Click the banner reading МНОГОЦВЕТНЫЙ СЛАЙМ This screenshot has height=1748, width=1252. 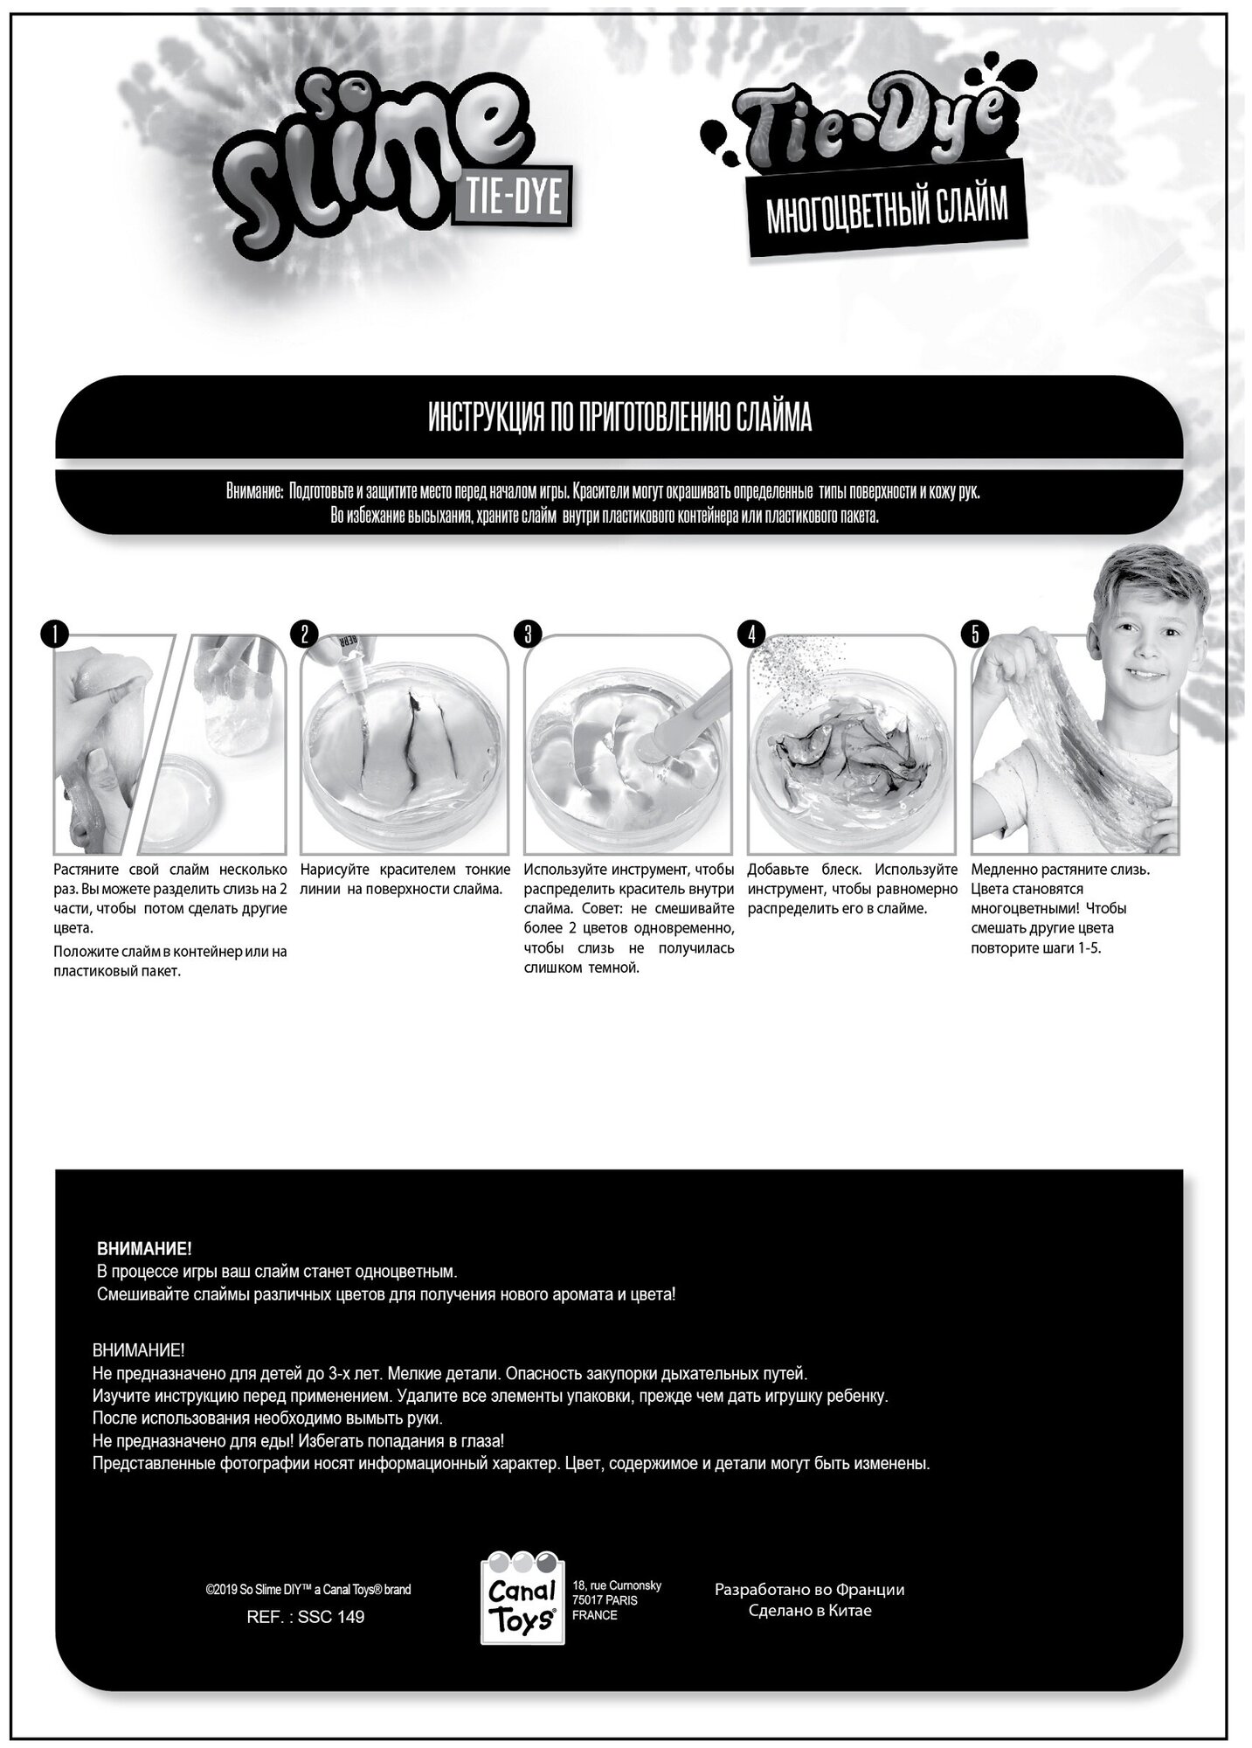886,210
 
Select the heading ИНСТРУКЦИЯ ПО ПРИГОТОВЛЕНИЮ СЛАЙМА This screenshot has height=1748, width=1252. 619,419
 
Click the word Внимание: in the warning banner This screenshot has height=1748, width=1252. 254,492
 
